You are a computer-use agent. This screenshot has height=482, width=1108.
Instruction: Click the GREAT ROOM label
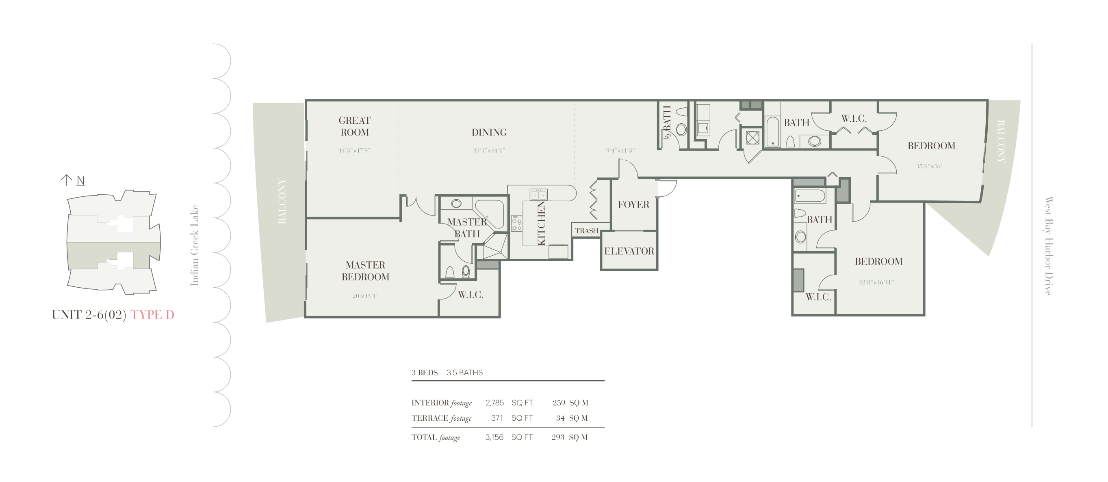[354, 126]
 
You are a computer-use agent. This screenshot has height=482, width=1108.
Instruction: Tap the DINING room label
[489, 132]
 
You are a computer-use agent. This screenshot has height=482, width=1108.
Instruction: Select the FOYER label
[633, 204]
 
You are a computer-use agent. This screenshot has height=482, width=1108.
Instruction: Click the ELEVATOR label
[629, 251]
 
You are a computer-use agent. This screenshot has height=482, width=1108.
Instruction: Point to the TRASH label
[587, 231]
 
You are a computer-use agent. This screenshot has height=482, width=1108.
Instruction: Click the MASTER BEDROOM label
[366, 271]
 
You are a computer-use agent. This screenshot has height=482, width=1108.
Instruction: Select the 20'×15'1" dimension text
[365, 295]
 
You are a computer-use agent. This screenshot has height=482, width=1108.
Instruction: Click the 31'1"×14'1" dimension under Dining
[489, 151]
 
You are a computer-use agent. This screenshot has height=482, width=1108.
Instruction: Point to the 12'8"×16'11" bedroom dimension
[876, 282]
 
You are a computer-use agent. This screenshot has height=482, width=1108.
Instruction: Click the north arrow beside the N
[66, 180]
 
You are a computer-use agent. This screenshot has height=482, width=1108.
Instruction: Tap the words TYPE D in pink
[152, 314]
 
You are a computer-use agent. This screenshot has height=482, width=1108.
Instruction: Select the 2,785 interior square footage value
[494, 402]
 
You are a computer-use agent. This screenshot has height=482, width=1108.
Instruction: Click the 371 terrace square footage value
[497, 418]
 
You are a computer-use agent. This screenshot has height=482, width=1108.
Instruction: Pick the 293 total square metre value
[558, 437]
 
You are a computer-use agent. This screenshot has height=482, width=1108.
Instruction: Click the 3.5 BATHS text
[464, 372]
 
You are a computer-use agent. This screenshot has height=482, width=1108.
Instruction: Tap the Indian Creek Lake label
[194, 246]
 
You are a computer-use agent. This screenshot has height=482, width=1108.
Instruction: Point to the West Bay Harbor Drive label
[1049, 246]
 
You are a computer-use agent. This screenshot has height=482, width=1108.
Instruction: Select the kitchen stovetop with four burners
[516, 224]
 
